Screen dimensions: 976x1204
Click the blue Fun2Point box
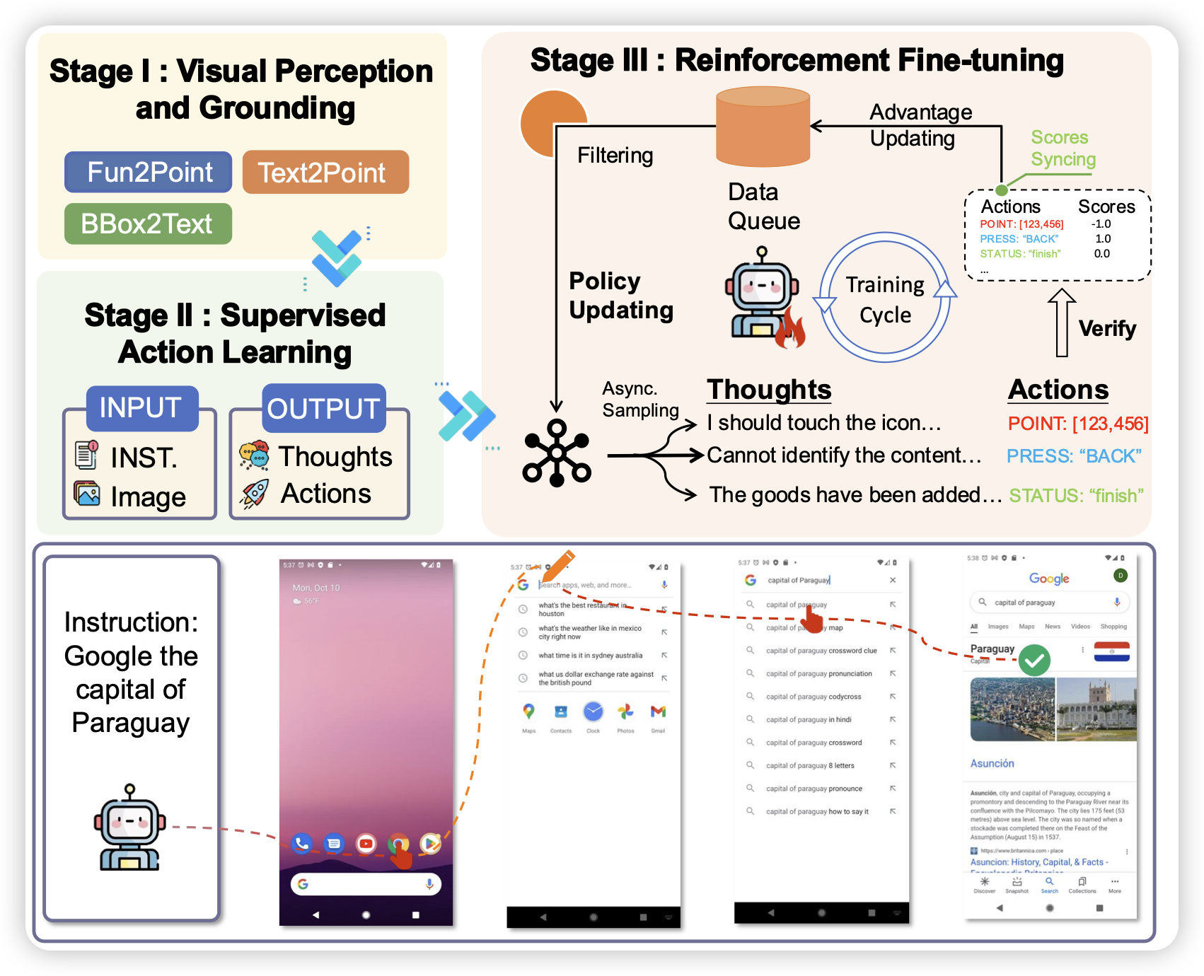click(x=149, y=172)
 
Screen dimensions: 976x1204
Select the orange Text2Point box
click(x=325, y=172)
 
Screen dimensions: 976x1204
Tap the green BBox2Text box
click(x=148, y=223)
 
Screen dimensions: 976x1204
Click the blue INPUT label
click(x=141, y=408)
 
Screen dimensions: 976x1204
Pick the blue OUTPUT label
click(x=324, y=408)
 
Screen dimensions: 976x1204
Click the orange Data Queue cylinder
click(x=763, y=127)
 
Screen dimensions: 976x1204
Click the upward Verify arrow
click(x=1061, y=323)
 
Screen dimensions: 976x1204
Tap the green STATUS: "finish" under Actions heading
click(x=1075, y=496)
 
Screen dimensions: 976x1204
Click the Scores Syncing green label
click(x=1063, y=148)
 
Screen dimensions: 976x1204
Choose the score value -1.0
click(x=1101, y=224)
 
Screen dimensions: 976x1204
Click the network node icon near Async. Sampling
click(x=557, y=453)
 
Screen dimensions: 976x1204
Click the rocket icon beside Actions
click(x=255, y=494)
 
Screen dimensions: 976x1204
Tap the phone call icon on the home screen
click(x=302, y=843)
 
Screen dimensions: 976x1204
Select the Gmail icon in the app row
click(x=658, y=711)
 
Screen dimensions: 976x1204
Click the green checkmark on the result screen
click(x=1034, y=661)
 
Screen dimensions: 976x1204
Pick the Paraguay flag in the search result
click(x=1111, y=651)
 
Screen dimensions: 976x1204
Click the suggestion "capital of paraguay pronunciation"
click(x=818, y=674)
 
